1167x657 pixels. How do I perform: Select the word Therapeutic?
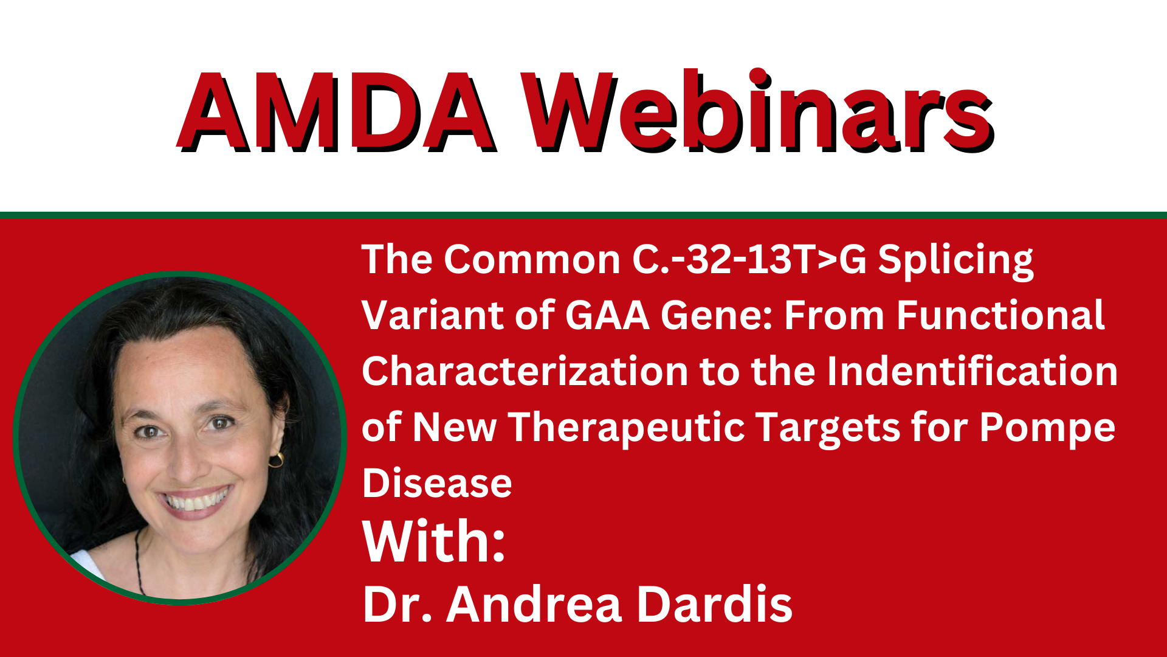coord(627,428)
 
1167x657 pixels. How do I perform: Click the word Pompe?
coord(1047,428)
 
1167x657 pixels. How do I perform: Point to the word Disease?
coord(437,483)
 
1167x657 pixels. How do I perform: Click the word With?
coord(434,541)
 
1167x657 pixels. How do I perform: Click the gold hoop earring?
coord(277,459)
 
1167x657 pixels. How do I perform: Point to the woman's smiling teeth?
coord(194,501)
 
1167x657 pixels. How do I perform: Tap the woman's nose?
coord(184,453)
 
